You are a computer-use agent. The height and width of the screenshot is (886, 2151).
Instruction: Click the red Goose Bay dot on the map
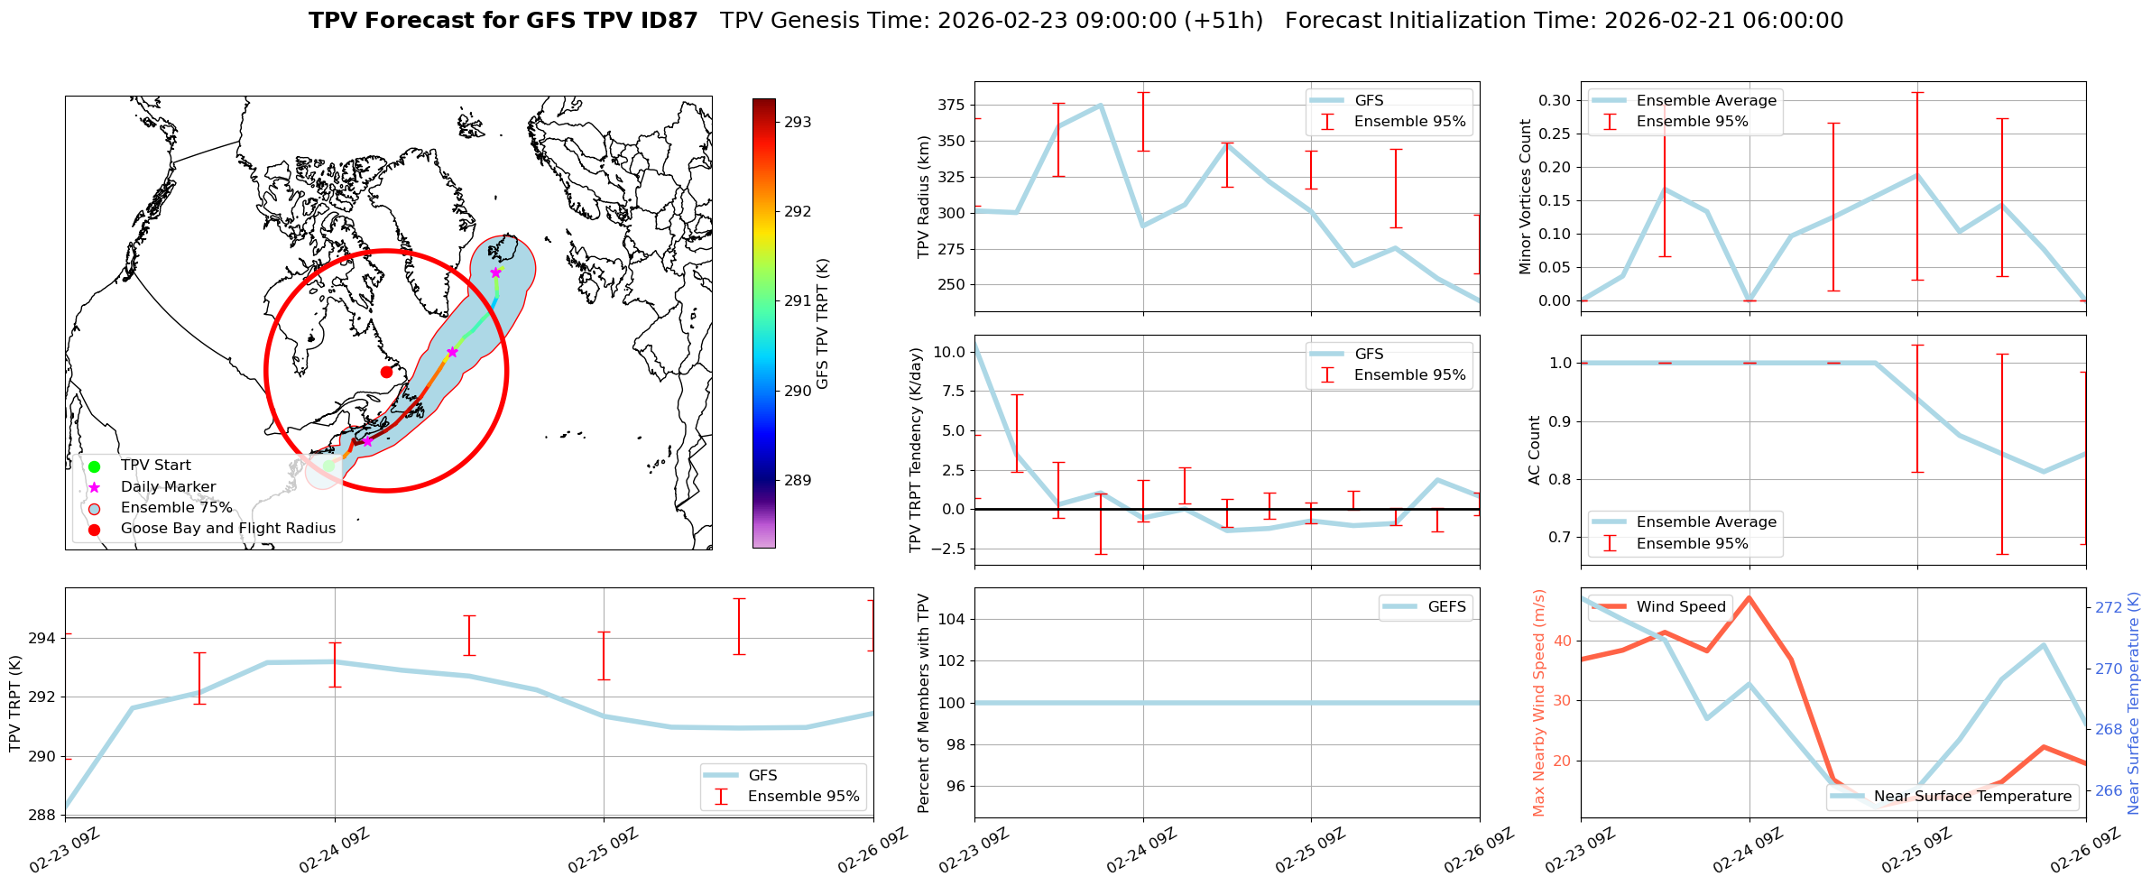click(386, 372)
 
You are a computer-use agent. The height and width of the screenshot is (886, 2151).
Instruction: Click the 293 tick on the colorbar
click(798, 122)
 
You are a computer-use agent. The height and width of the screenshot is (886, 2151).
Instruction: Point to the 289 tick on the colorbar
click(798, 480)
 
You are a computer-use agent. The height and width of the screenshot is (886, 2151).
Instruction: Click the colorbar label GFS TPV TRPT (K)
click(823, 323)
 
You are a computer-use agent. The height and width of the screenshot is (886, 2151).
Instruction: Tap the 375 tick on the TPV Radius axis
click(953, 106)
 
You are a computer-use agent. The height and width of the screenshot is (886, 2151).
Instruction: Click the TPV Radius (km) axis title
click(923, 197)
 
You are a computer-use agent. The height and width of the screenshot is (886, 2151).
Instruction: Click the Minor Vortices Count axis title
click(1526, 197)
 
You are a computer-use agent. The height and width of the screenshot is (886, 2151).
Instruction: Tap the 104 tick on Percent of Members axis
click(953, 619)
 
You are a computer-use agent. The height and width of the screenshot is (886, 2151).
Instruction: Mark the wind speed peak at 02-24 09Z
click(1749, 597)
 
